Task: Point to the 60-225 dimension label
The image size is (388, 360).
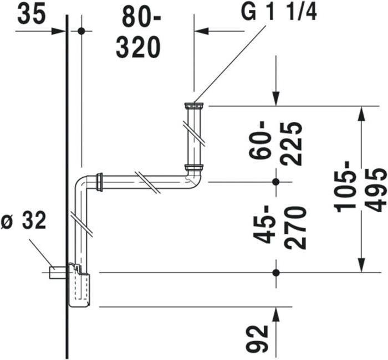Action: tap(279, 143)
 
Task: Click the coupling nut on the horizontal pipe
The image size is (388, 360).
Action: tap(100, 182)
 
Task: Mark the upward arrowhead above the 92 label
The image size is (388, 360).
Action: tap(277, 314)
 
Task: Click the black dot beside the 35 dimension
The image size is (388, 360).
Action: tap(81, 31)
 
